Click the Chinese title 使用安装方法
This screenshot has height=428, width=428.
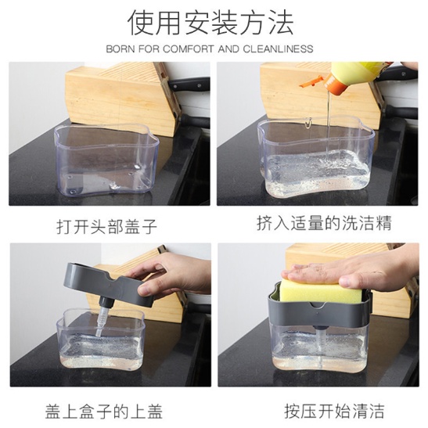click(x=210, y=23)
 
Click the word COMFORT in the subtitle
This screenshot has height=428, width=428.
click(x=188, y=49)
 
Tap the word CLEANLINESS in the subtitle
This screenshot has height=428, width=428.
click(x=278, y=49)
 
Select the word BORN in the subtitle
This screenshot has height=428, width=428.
click(x=120, y=49)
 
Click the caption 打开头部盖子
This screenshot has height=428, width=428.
click(x=106, y=226)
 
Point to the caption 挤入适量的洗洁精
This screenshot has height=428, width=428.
click(x=324, y=223)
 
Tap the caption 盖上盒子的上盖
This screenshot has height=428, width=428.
click(x=104, y=412)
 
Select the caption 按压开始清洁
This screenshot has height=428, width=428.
click(x=334, y=411)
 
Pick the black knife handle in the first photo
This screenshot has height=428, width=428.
click(x=189, y=84)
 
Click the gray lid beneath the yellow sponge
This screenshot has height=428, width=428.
click(x=320, y=312)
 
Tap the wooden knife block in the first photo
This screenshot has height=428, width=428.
click(x=123, y=99)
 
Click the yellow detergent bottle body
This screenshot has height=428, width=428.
click(x=359, y=70)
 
